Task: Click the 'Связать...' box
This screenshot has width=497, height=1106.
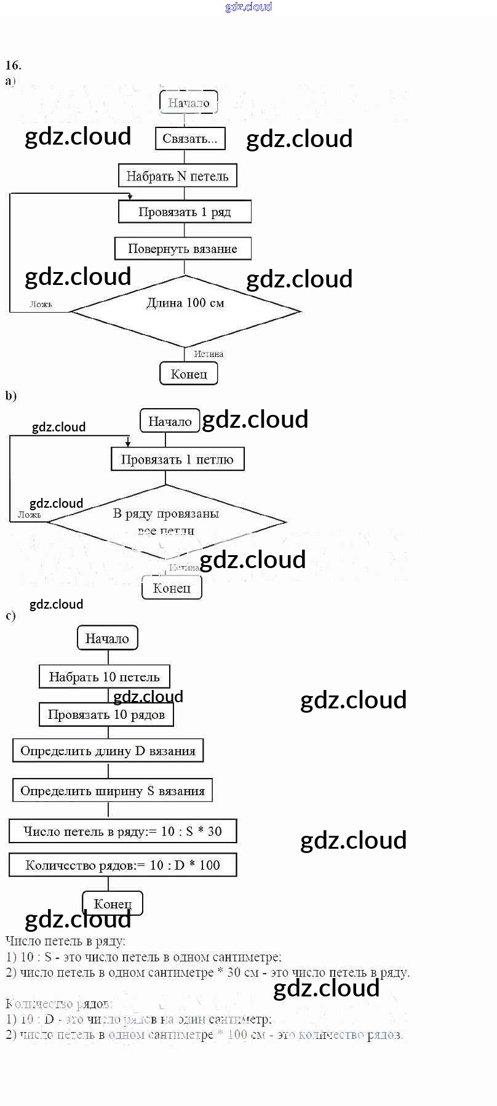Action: tap(190, 138)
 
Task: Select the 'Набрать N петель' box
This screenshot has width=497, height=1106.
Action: tap(177, 176)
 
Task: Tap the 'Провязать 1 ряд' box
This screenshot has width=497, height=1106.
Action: tap(185, 212)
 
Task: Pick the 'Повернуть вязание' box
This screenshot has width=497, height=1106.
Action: tap(183, 249)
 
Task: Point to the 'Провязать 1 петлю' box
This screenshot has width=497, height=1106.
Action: tap(177, 459)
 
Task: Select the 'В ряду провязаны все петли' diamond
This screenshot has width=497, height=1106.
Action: tap(166, 521)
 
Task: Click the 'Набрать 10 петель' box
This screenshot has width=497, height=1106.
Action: tap(105, 677)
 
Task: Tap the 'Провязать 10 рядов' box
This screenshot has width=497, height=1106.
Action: tap(106, 715)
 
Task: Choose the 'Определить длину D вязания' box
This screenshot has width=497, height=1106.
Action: tap(108, 751)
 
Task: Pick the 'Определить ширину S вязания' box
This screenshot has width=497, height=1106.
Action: tap(113, 791)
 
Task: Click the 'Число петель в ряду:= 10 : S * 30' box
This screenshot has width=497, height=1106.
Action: tap(122, 832)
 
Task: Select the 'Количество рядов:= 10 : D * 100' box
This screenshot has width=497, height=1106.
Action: tap(122, 865)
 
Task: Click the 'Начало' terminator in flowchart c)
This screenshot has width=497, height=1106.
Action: tap(107, 638)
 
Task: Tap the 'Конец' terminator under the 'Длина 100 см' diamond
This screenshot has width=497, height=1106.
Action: tap(189, 374)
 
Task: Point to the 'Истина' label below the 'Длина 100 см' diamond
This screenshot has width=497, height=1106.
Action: tap(209, 354)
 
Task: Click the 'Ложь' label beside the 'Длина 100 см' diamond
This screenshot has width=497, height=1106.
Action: tap(41, 304)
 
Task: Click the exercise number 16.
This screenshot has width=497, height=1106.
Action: tap(14, 65)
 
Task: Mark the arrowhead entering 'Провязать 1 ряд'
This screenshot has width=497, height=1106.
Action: tap(130, 197)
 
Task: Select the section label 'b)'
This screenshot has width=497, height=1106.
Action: tap(11, 396)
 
